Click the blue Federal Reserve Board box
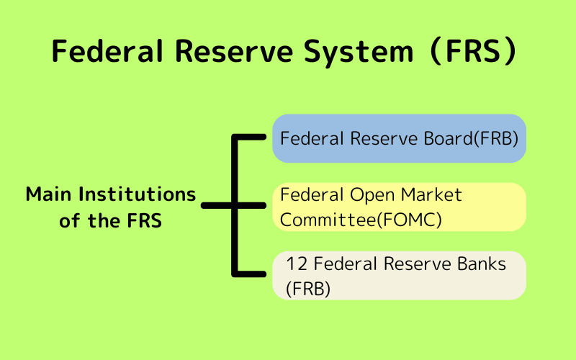pos(399,138)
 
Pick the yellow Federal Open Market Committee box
pos(399,207)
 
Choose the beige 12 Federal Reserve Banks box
pos(399,275)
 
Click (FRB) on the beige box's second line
pos(307,287)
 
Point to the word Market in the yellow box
pos(430,195)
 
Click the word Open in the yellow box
pos(368,195)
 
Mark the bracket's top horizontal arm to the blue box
pos(251,138)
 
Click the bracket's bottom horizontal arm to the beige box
pos(251,274)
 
